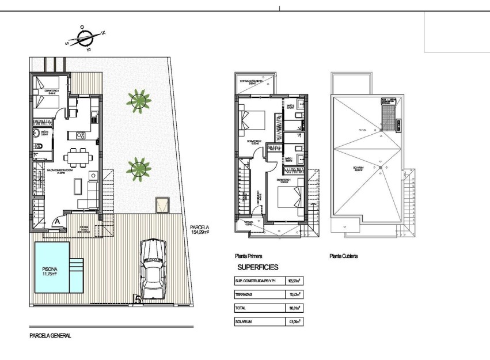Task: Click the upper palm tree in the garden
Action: (138, 100)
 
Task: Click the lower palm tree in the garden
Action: (138, 169)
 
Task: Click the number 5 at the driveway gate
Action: (137, 299)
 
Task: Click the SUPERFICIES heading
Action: (257, 267)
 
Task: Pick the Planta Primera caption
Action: (249, 256)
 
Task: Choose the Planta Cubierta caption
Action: (343, 256)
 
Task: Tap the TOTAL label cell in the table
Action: (241, 308)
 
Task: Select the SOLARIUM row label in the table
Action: (244, 321)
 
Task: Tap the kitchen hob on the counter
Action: (81, 136)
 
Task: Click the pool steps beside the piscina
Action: (77, 267)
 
